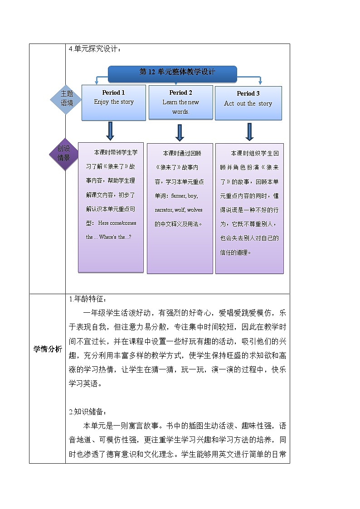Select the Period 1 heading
click(114, 92)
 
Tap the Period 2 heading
click(180, 92)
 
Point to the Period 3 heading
click(248, 93)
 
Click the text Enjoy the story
click(114, 102)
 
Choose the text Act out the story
click(248, 103)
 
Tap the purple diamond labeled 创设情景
click(63, 154)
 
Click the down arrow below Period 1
click(110, 131)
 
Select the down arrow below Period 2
click(180, 132)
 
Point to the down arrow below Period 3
click(249, 131)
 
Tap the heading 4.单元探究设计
click(94, 49)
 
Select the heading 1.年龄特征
click(88, 299)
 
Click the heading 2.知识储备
click(88, 412)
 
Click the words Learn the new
click(180, 102)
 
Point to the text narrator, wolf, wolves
click(179, 210)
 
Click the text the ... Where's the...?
click(109, 237)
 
